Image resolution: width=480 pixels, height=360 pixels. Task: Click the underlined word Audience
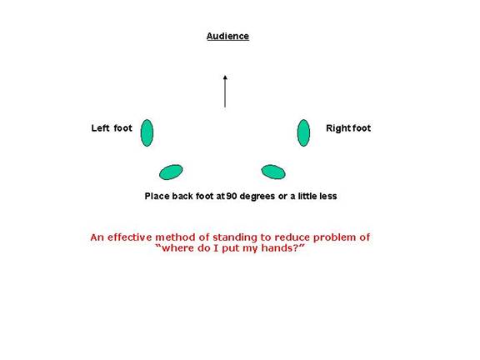pos(227,36)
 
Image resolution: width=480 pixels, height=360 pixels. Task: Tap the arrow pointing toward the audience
pos(225,91)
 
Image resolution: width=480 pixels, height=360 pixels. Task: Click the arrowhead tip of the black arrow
pos(225,75)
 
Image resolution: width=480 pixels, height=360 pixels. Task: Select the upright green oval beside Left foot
pos(147,132)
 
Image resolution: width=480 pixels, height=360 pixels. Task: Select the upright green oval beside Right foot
pos(303,132)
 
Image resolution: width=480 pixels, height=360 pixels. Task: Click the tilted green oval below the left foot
pos(171,172)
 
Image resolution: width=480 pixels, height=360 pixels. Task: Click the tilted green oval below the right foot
pos(273,172)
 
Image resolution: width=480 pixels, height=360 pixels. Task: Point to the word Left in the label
pos(100,128)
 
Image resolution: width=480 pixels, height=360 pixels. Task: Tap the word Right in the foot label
pos(336,128)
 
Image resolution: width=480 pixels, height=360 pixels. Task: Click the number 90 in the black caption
pos(232,196)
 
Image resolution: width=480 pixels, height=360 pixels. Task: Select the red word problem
pos(335,238)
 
